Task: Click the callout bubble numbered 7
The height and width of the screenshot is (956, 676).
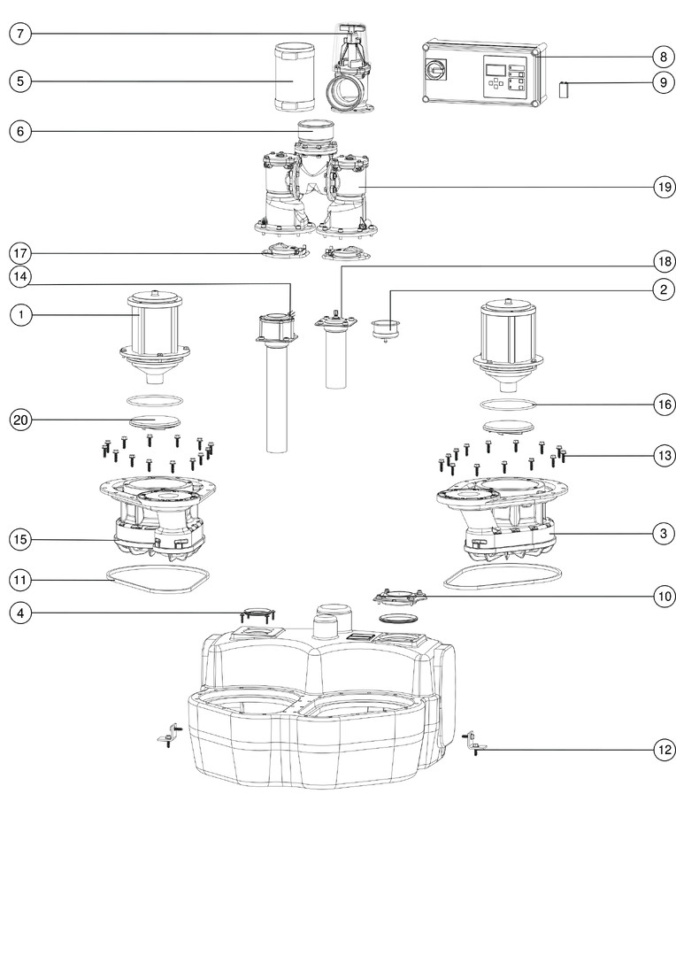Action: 21,34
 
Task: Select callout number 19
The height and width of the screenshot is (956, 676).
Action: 664,188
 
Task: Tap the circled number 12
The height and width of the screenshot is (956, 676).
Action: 664,750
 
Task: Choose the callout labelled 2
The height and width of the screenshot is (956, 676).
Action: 664,289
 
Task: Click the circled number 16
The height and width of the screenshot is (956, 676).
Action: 664,405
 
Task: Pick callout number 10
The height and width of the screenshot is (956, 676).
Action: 664,597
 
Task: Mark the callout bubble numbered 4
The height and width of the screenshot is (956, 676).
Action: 21,613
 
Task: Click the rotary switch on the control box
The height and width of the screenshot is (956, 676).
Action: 436,68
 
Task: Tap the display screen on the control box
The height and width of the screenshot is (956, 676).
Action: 496,68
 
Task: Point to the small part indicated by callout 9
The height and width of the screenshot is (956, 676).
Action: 563,89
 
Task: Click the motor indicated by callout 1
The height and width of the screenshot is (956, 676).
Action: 157,329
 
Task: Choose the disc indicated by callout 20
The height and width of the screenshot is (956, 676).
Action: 157,420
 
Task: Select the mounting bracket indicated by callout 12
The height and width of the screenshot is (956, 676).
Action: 470,744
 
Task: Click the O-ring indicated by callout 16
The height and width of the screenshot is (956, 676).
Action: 510,405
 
